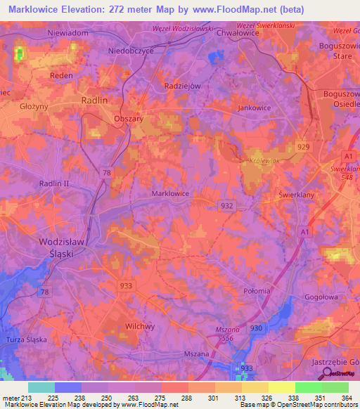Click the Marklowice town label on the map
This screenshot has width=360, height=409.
[170, 193]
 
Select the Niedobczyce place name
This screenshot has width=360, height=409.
[131, 51]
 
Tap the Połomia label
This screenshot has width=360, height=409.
[256, 291]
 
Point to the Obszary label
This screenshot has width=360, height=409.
[129, 119]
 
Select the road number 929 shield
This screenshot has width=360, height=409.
[303, 146]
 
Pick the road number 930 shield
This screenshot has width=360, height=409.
[255, 328]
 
